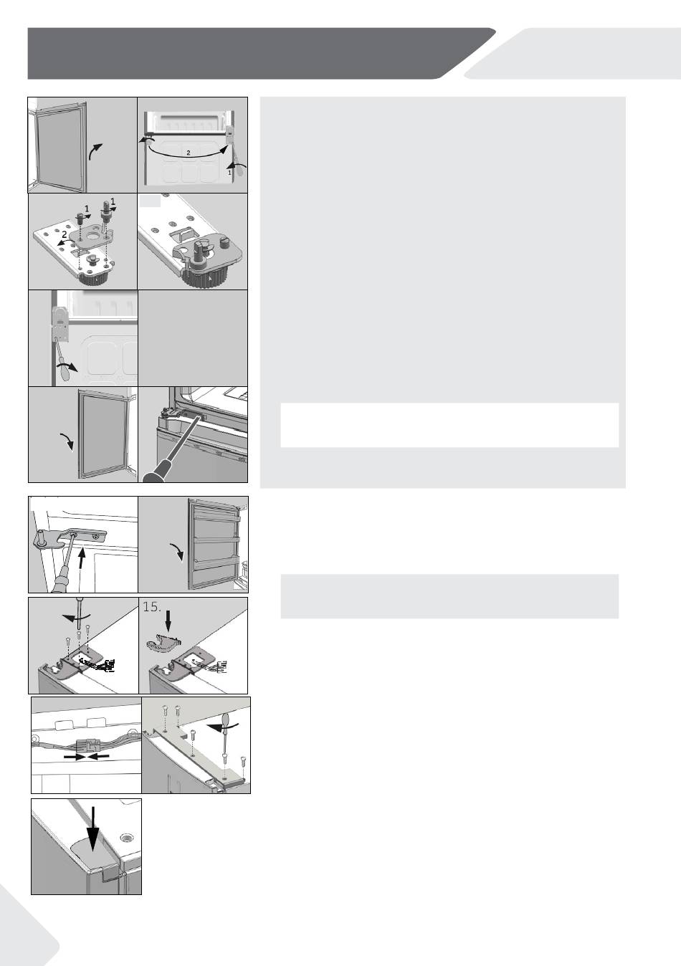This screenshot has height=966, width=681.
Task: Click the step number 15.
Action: tap(152, 607)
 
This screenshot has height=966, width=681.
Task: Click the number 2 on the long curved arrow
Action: tap(188, 153)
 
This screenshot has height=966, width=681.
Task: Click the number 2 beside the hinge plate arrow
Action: tap(65, 234)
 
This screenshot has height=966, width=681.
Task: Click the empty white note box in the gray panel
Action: tap(449, 425)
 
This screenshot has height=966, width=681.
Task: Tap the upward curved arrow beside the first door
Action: tap(95, 151)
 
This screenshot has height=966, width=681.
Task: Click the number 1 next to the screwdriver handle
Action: tap(229, 173)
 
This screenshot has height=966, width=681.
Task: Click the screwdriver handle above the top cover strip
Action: tap(226, 719)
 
